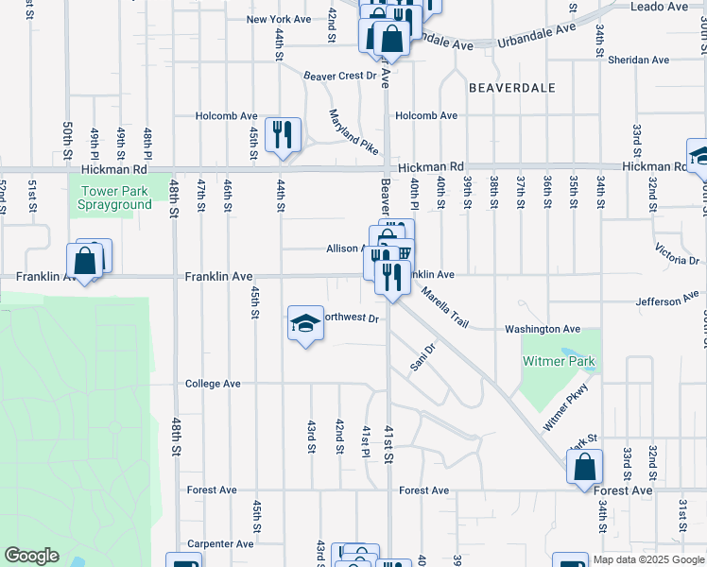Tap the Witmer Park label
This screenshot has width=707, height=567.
[x=563, y=361]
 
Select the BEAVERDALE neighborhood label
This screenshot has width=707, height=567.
[x=511, y=87]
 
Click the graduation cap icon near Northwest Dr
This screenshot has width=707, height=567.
[x=305, y=325]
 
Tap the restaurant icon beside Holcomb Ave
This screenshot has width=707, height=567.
[x=281, y=134]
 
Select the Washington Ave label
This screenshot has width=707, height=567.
[x=543, y=329]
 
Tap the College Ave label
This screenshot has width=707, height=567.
[x=213, y=384]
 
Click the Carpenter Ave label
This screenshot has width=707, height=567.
[x=220, y=544]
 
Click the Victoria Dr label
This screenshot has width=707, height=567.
[x=677, y=253]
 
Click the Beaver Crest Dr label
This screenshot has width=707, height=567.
[x=340, y=76]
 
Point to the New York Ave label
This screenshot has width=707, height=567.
[x=278, y=19]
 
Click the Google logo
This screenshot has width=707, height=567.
[x=31, y=556]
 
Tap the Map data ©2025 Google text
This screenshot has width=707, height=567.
[x=648, y=559]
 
